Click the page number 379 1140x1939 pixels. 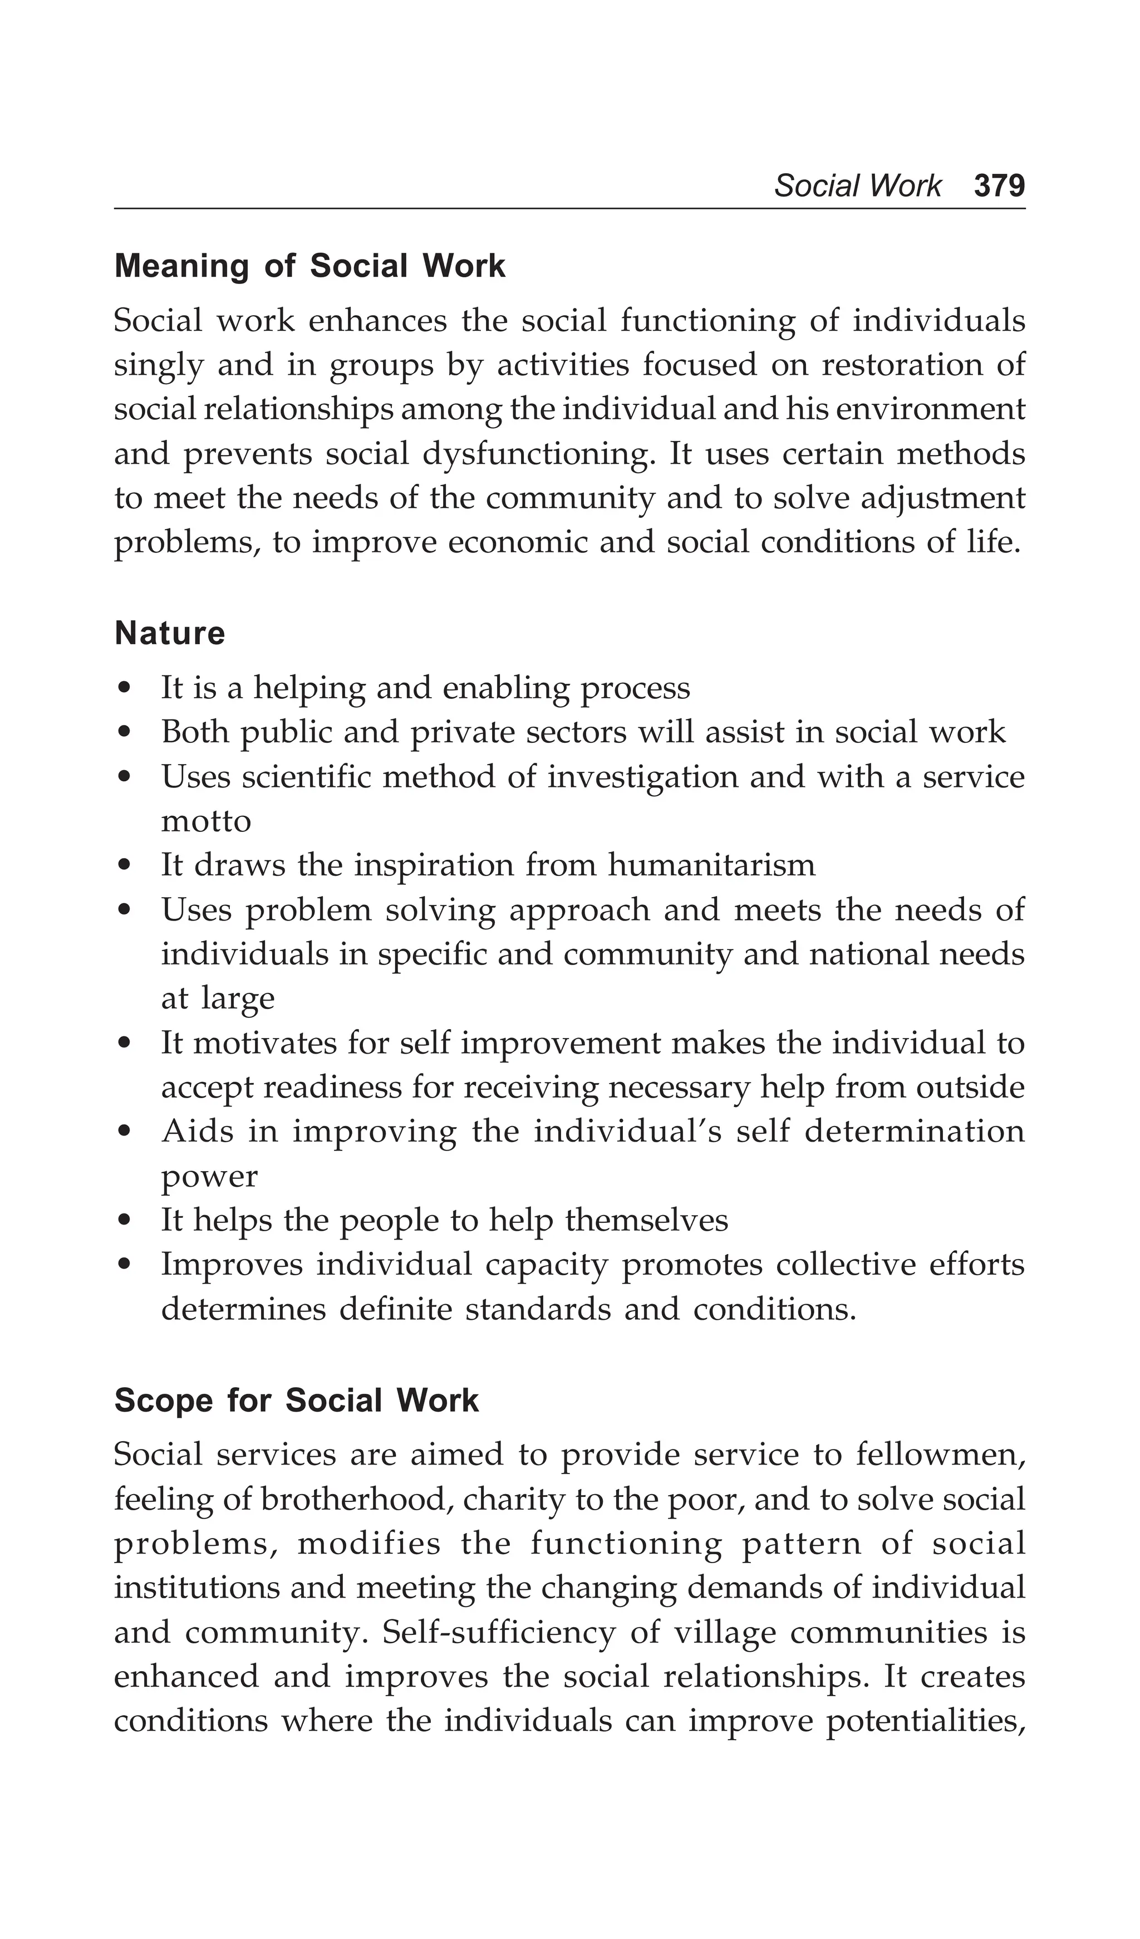[x=999, y=185]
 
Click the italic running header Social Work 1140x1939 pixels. [x=857, y=185]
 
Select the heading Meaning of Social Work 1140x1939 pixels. [x=309, y=266]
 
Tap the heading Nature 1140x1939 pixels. [x=169, y=633]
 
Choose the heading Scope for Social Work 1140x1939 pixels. [x=296, y=1401]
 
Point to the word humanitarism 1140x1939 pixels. [x=711, y=865]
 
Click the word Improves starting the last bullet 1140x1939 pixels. [x=232, y=1265]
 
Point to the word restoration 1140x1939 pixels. [x=902, y=365]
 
